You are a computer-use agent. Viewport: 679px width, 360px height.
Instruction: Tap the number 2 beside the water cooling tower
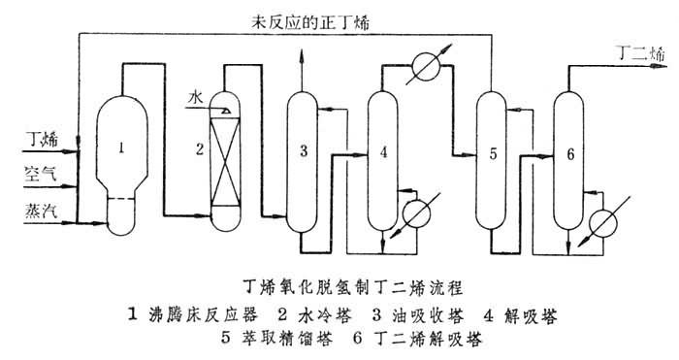click(x=200, y=148)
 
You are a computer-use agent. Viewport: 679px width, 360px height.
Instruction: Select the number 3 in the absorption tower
click(x=304, y=150)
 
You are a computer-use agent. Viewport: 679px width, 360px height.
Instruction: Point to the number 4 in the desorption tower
click(x=385, y=151)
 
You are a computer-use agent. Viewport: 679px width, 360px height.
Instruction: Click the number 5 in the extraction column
click(x=493, y=152)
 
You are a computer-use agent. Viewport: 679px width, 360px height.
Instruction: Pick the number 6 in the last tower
click(x=570, y=152)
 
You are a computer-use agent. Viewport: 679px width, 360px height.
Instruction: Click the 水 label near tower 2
click(x=195, y=98)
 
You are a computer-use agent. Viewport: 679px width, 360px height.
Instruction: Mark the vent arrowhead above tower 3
click(x=303, y=60)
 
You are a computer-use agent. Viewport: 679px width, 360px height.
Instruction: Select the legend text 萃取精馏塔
click(x=286, y=341)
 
